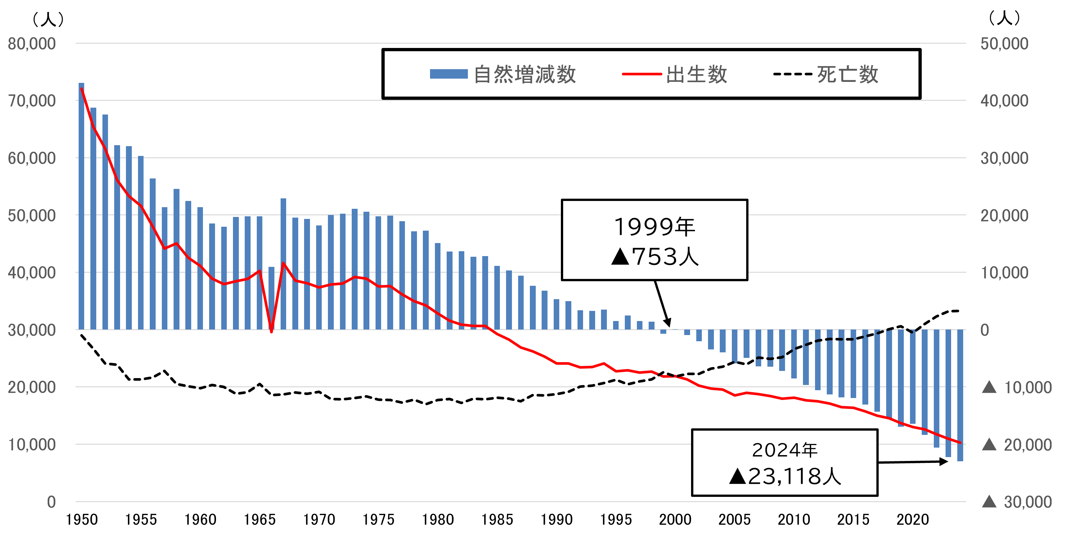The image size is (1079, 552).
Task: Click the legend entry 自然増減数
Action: (503, 75)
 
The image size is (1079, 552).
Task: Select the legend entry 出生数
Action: (674, 75)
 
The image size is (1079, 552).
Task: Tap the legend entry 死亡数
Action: (825, 75)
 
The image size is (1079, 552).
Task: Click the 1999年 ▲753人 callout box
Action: (654, 240)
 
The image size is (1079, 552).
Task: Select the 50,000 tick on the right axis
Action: (1004, 44)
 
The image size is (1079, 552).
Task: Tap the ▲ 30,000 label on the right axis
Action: (1017, 502)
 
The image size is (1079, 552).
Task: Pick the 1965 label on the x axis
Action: (260, 520)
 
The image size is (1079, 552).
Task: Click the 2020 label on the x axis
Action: (912, 520)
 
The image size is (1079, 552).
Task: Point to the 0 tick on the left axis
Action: (51, 502)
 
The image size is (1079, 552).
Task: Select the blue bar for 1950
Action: (81, 205)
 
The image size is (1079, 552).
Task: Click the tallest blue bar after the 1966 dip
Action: (284, 264)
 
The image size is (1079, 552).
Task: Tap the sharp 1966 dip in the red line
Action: (271, 331)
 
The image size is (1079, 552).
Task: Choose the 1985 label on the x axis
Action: (497, 520)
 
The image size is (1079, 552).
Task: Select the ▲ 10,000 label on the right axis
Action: (1017, 387)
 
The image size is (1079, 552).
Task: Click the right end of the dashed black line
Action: (958, 311)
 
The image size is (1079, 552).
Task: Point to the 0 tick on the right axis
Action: (985, 330)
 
